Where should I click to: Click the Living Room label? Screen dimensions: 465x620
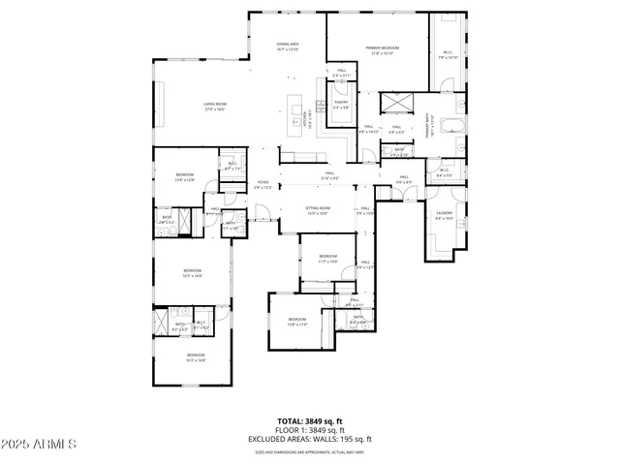[x=214, y=107]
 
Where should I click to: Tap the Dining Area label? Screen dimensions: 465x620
[x=287, y=46]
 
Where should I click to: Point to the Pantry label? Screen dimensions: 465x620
[x=341, y=104]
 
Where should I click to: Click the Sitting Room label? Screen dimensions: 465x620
[x=319, y=210]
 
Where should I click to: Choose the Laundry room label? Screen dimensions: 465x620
[x=445, y=215]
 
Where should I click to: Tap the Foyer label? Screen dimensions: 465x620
[x=262, y=184]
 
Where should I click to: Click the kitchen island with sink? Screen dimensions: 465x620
[x=295, y=113]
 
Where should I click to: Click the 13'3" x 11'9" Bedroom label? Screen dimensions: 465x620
[x=296, y=322]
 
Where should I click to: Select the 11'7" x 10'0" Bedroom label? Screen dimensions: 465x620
[x=327, y=259]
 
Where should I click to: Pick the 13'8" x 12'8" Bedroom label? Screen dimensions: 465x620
[x=184, y=176]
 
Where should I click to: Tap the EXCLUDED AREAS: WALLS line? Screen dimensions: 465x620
[x=309, y=440]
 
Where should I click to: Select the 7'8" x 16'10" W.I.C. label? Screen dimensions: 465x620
[x=447, y=55]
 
